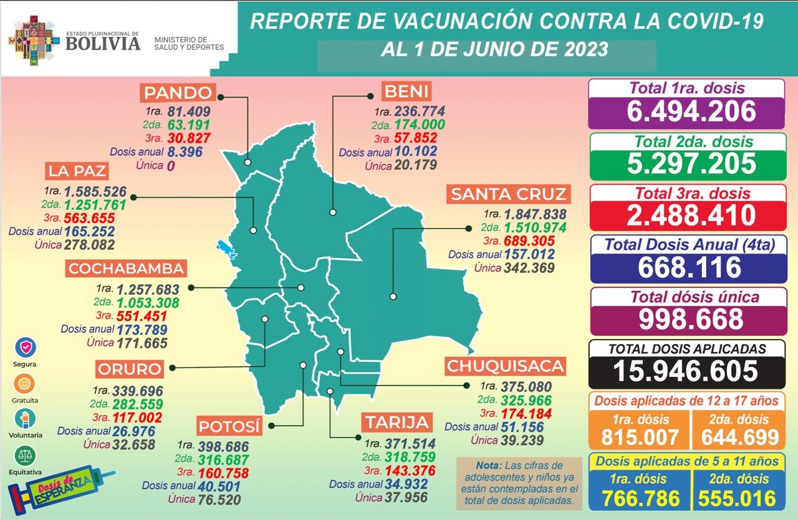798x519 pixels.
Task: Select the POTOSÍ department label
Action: click(229, 427)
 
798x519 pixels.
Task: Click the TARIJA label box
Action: click(397, 423)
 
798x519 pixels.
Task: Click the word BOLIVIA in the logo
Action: click(103, 44)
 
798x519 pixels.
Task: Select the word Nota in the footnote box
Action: click(488, 465)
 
